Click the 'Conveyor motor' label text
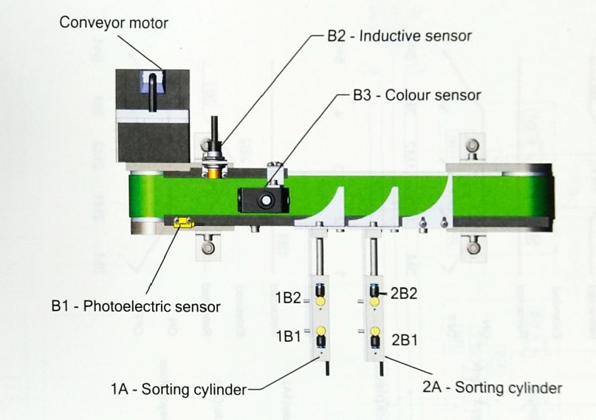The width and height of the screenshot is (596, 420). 114,23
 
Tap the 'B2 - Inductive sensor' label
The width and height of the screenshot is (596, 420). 399,35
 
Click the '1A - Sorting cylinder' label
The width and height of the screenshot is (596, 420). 177,388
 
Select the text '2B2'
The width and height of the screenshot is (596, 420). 405,294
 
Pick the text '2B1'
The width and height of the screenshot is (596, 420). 406,340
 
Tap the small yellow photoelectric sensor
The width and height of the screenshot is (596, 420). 182,221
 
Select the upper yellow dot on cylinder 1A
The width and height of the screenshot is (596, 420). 321,302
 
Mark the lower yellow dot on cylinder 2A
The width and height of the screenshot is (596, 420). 374,330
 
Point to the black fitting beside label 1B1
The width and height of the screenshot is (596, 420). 321,342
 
